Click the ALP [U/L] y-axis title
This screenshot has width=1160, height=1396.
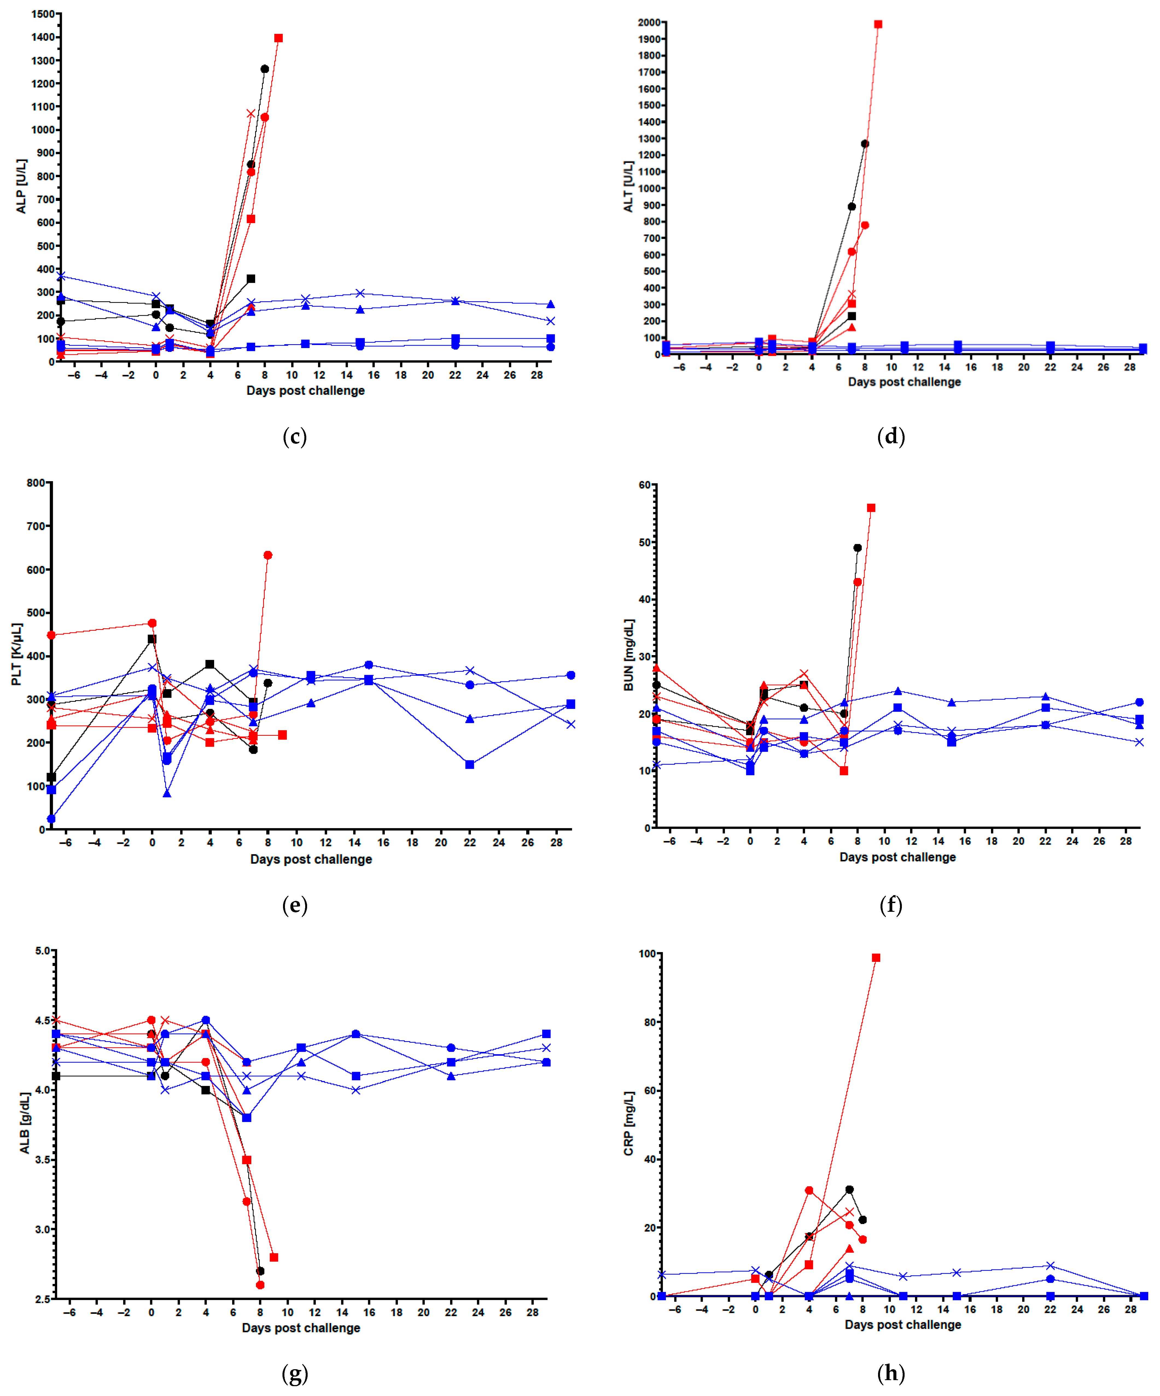point(21,186)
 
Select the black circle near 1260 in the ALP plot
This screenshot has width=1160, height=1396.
point(265,68)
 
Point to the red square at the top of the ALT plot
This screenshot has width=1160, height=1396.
point(878,24)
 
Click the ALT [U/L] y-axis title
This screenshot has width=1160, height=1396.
point(628,186)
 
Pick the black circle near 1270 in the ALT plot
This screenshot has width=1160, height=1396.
point(865,144)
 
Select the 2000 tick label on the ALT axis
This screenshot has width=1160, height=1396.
point(649,23)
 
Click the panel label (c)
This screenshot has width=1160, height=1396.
point(295,437)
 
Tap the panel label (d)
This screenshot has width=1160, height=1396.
point(891,437)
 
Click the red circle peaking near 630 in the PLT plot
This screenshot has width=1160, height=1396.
point(268,555)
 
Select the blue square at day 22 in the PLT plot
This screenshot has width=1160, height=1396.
point(470,764)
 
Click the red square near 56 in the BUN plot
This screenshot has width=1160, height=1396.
point(871,508)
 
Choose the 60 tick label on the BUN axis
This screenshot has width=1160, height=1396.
point(644,485)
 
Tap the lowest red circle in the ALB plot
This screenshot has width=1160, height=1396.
point(260,1285)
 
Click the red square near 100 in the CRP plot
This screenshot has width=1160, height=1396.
point(876,958)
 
